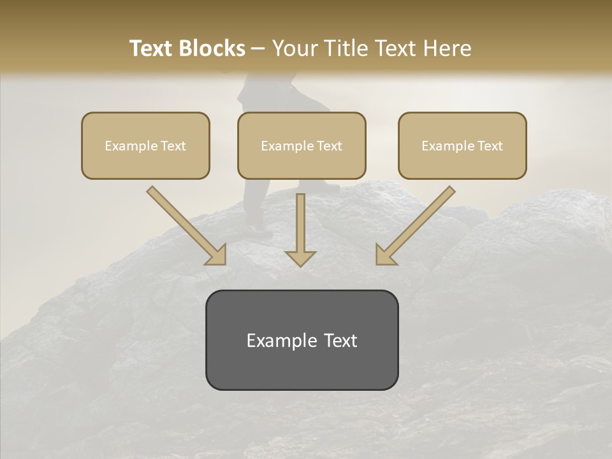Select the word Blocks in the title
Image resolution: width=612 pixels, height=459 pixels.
pos(211,48)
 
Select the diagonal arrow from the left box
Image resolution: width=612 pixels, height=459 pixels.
pos(185,224)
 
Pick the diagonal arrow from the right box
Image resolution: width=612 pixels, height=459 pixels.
pos(416,224)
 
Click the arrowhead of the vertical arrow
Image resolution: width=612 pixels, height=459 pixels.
pos(300,258)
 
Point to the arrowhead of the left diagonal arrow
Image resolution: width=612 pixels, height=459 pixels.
pos(216,254)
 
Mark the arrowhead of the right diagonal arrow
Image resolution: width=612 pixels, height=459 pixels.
pos(385,254)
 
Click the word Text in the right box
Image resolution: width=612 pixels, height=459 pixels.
pos(490,146)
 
